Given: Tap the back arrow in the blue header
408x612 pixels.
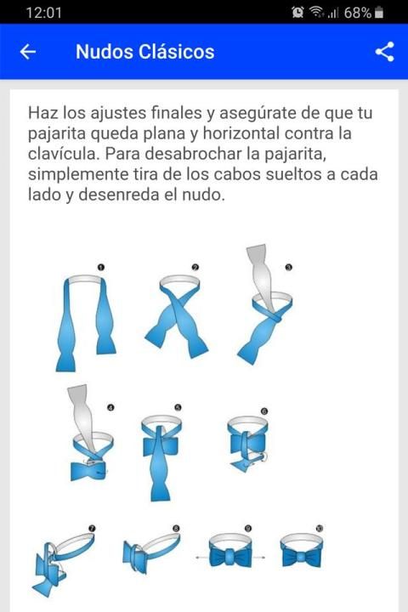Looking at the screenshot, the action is pyautogui.click(x=28, y=52).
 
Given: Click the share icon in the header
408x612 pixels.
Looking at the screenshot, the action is pyautogui.click(x=384, y=52).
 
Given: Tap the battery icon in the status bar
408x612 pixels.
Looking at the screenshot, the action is pyautogui.click(x=379, y=13).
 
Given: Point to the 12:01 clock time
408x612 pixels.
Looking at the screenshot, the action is pyautogui.click(x=43, y=13).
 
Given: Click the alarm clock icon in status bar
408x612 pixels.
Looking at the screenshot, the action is pyautogui.click(x=297, y=13).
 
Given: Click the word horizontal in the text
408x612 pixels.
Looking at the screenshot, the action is pyautogui.click(x=241, y=133).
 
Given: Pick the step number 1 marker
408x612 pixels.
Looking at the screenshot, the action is pyautogui.click(x=101, y=268).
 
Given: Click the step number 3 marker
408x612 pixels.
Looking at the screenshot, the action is pyautogui.click(x=289, y=268).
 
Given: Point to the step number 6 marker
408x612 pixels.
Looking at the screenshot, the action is pyautogui.click(x=264, y=411).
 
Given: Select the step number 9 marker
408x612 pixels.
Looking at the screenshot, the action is pyautogui.click(x=248, y=529).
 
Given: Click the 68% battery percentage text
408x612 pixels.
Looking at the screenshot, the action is pyautogui.click(x=357, y=13).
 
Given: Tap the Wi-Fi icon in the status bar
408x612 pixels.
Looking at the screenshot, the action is pyautogui.click(x=316, y=12).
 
